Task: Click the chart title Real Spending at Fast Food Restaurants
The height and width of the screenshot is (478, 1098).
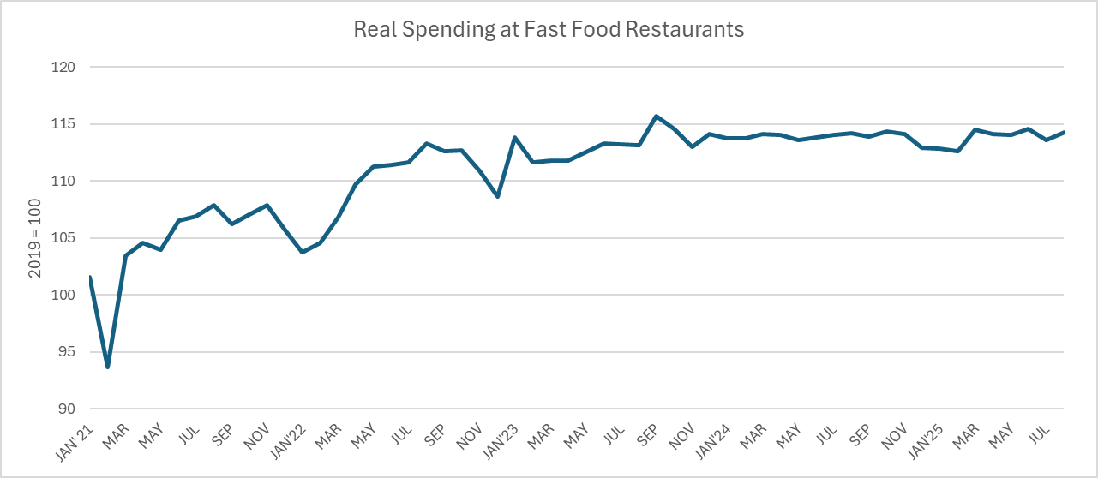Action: tap(549, 29)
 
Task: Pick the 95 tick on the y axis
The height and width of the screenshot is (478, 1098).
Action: tap(69, 352)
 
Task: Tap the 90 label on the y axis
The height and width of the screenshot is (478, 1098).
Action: tap(69, 409)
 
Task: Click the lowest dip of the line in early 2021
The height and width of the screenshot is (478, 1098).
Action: tap(108, 367)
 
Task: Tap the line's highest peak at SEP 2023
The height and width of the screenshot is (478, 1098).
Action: tap(656, 116)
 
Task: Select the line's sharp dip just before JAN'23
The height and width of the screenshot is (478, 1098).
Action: tap(497, 196)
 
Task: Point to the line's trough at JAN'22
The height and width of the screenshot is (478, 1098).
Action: tap(302, 252)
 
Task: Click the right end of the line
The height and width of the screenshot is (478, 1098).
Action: tap(1063, 132)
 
